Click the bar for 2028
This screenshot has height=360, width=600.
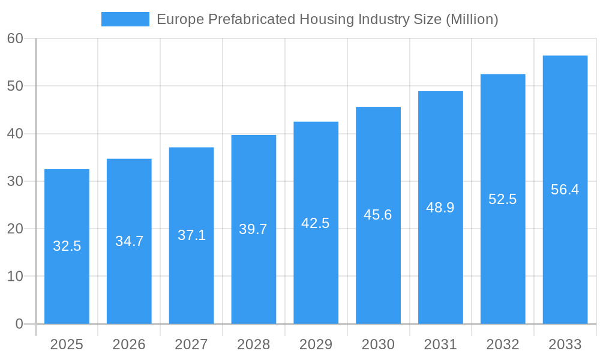254,276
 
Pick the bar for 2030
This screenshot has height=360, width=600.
378,270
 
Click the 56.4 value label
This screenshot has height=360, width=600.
565,190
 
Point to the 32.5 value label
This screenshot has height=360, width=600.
67,246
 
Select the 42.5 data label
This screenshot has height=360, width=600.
316,223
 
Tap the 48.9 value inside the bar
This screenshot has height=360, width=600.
440,208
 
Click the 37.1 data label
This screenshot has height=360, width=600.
191,235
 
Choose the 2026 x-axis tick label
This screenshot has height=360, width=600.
129,344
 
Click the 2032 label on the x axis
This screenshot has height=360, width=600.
503,344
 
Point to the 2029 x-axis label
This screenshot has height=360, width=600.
316,344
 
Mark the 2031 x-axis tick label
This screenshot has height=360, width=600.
440,344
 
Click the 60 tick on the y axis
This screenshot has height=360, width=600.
15,38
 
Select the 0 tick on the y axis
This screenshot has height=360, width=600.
19,324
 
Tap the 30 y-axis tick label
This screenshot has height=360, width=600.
15,181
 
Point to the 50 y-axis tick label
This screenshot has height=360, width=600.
15,86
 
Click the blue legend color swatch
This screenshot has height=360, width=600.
125,19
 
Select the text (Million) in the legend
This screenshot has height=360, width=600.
472,19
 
